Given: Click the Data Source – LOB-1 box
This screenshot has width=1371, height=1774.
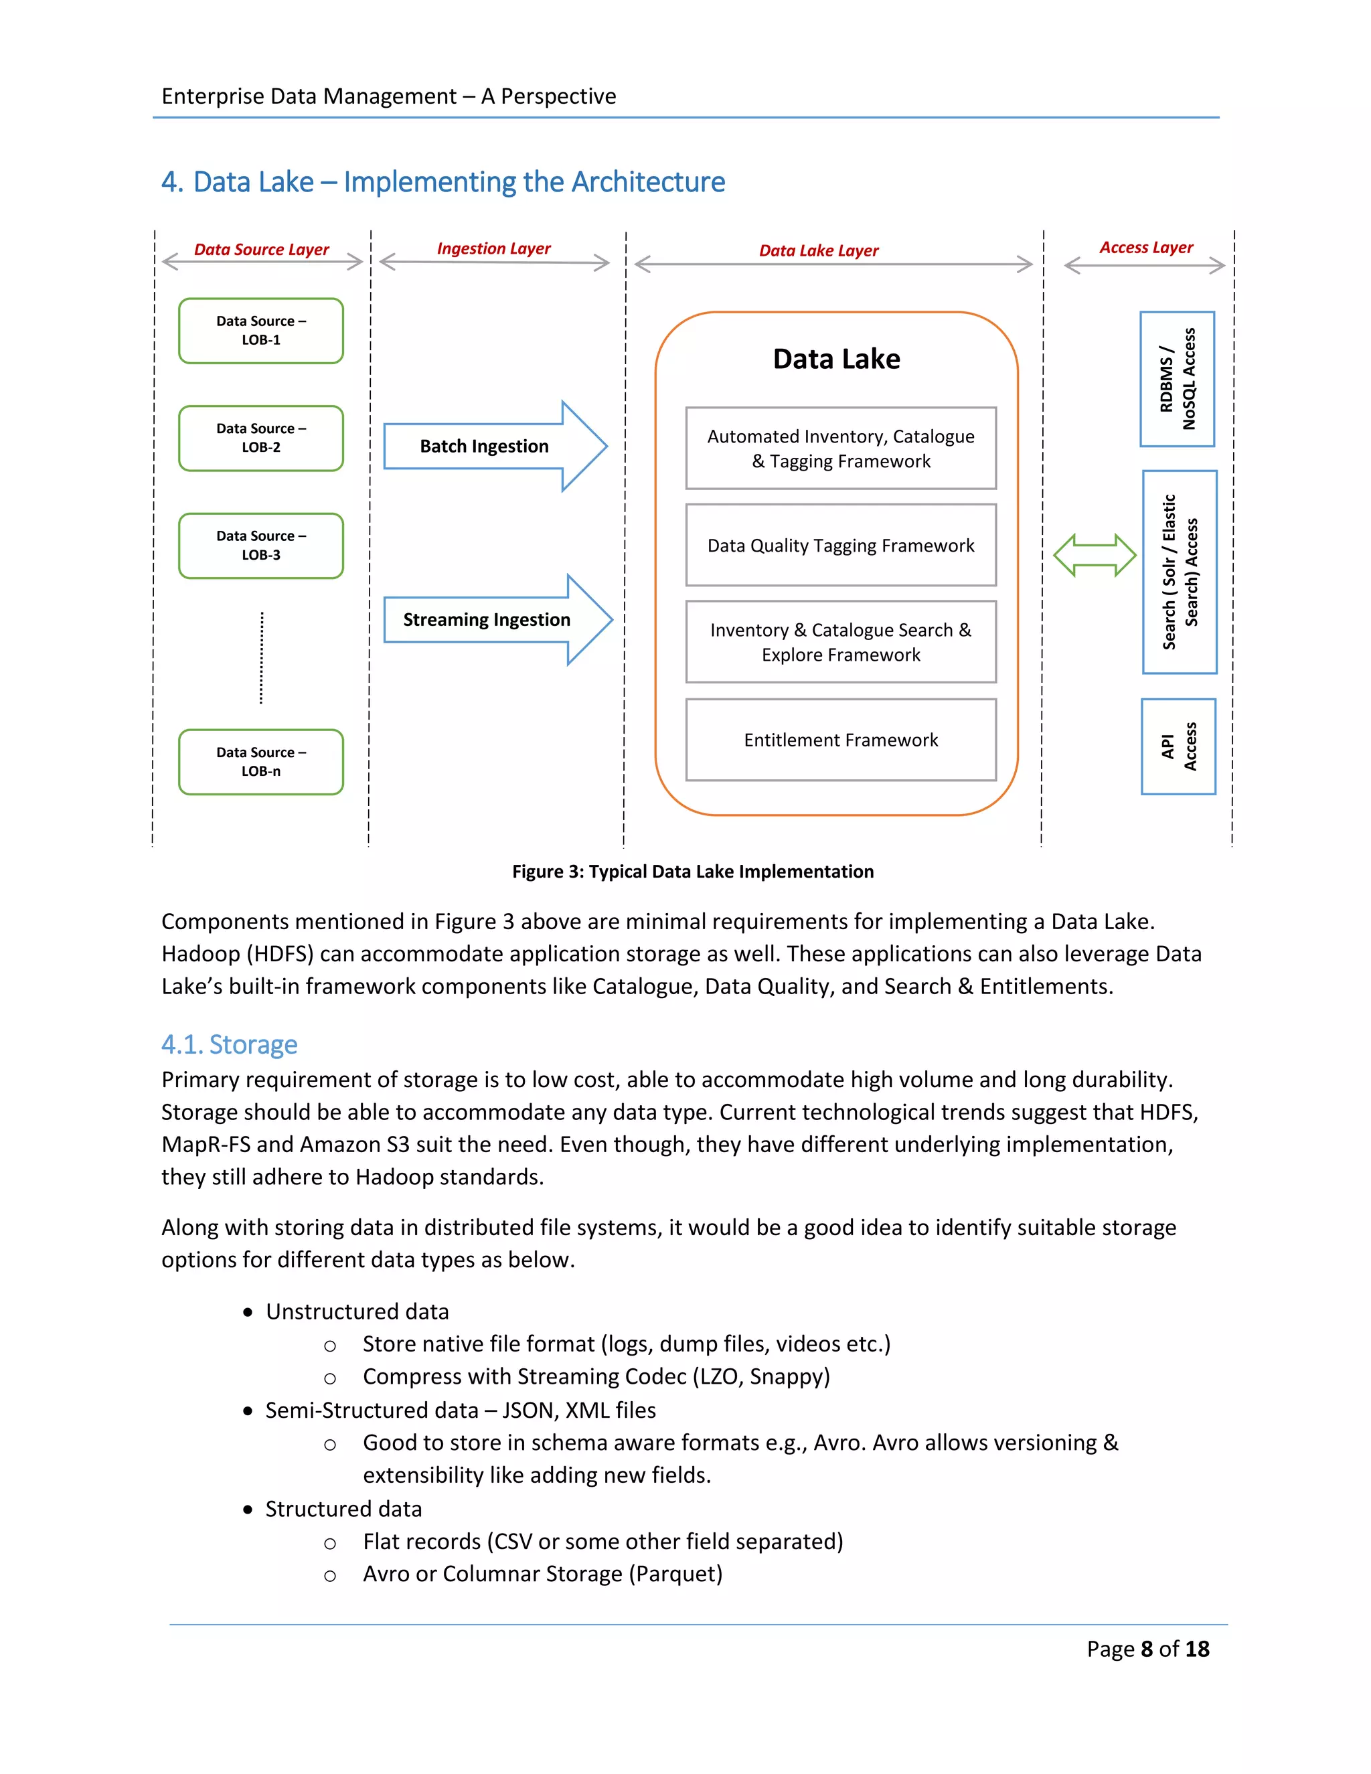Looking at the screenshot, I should pyautogui.click(x=260, y=331).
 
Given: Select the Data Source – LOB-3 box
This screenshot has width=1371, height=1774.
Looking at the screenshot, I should pyautogui.click(x=260, y=546).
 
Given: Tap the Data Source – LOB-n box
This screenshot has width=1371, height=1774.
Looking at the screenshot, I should pyautogui.click(x=260, y=762).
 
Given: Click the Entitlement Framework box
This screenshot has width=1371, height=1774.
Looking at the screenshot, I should pyautogui.click(x=841, y=740).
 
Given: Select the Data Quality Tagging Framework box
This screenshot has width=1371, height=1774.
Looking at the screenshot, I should pyautogui.click(x=841, y=545).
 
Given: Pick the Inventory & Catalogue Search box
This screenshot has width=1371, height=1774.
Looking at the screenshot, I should pyautogui.click(x=841, y=642).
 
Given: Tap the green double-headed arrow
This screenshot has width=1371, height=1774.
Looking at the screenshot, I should pyautogui.click(x=1094, y=556).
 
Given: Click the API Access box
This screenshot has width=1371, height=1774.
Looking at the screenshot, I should pyautogui.click(x=1178, y=746).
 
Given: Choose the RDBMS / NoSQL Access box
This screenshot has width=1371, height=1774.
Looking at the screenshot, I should pyautogui.click(x=1177, y=380).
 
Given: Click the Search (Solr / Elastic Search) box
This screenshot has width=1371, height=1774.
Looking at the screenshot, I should pyautogui.click(x=1180, y=572).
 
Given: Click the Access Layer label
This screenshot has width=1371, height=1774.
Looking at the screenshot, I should pyautogui.click(x=1145, y=248).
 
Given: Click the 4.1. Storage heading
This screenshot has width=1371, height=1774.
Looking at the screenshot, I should pyautogui.click(x=229, y=1044).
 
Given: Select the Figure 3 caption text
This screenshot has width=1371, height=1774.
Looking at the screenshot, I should pyautogui.click(x=692, y=872).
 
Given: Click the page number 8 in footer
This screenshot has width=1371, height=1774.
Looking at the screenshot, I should pyautogui.click(x=1146, y=1649).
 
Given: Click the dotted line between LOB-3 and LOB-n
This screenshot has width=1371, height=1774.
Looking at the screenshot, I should pyautogui.click(x=260, y=658).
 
